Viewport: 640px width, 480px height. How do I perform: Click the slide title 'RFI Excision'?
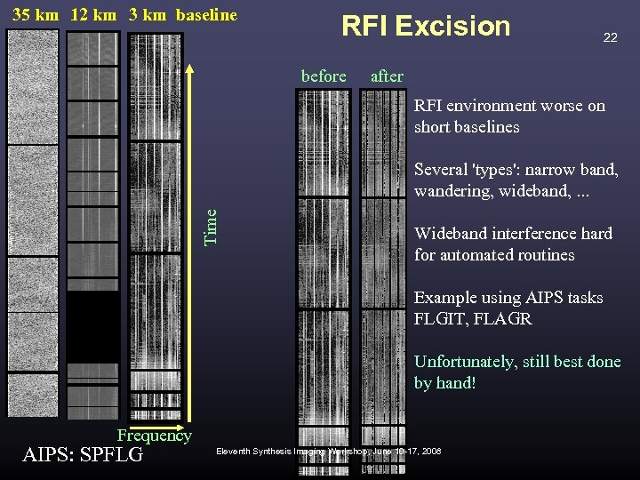[426, 27]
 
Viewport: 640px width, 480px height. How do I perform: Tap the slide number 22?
[610, 37]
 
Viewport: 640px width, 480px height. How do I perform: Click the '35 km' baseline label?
[36, 14]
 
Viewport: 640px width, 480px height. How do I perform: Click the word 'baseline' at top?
[207, 14]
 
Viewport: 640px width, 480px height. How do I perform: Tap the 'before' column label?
[324, 76]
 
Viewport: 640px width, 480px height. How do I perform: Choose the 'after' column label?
[387, 76]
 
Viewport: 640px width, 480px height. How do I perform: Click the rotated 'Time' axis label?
[211, 226]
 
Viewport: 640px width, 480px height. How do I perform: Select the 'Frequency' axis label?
[155, 436]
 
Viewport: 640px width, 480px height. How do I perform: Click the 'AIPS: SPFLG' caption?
[83, 455]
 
